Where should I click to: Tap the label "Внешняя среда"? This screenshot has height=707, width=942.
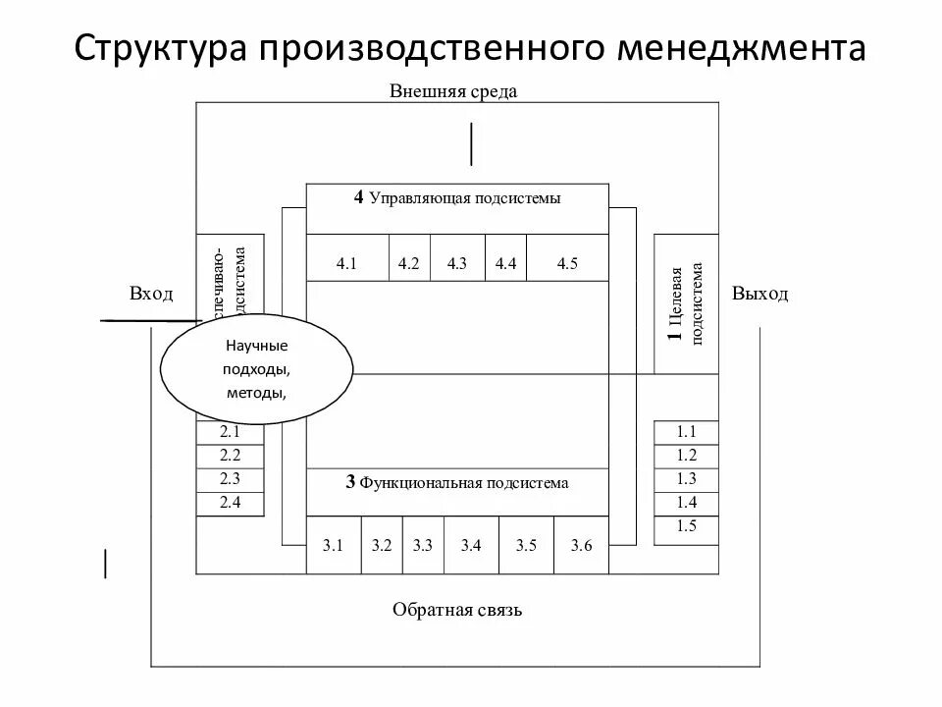coord(452,91)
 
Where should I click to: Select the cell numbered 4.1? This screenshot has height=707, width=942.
coord(348,263)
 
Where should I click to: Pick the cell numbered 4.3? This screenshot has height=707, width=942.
coord(457,263)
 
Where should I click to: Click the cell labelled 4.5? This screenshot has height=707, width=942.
coord(567,263)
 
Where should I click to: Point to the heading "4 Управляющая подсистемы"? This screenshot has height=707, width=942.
coord(457,198)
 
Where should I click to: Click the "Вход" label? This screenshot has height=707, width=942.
coord(151,294)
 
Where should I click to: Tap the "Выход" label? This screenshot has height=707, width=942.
coord(759,294)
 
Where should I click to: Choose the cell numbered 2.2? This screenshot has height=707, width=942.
coord(230,456)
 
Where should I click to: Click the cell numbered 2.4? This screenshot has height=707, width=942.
coord(230,503)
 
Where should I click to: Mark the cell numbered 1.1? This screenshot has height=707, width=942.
coord(686,432)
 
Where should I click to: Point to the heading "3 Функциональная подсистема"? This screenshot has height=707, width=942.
coord(457,483)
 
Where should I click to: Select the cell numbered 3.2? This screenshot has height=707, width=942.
coord(382,545)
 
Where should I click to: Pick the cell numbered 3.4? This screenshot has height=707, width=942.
coord(471,545)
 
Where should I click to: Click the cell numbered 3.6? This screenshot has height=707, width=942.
coord(581,545)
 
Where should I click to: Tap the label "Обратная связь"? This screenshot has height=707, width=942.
coord(457,610)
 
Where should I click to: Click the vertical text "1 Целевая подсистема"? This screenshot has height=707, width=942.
coord(686,303)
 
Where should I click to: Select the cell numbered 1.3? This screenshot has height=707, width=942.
coord(686,479)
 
